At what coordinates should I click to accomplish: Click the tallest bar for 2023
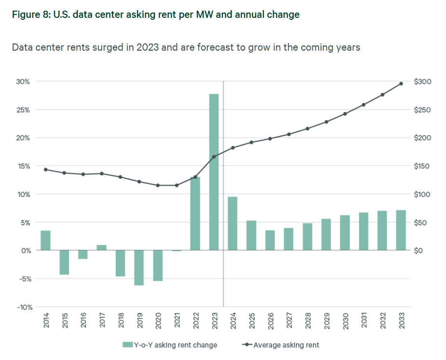pyautogui.click(x=214, y=172)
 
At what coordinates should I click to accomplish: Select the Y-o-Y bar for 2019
pyautogui.click(x=139, y=267)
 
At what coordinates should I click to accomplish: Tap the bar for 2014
pyautogui.click(x=45, y=240)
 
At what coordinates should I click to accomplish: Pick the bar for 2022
pyautogui.click(x=195, y=213)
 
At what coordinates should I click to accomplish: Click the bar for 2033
pyautogui.click(x=401, y=230)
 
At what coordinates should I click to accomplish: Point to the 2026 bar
pyautogui.click(x=270, y=240)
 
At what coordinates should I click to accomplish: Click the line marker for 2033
pyautogui.click(x=401, y=83)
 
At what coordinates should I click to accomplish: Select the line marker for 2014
pyautogui.click(x=45, y=169)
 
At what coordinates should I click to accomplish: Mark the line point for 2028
pyautogui.click(x=307, y=128)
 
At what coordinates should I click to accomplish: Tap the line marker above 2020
pyautogui.click(x=158, y=185)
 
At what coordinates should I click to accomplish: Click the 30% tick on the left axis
pyautogui.click(x=23, y=82)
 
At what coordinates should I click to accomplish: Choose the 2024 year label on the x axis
pyautogui.click(x=232, y=322)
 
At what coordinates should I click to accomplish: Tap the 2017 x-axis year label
pyautogui.click(x=102, y=322)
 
